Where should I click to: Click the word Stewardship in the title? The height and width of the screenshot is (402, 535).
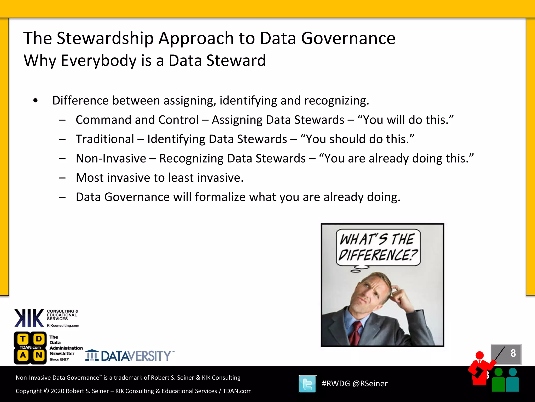(x=105, y=38)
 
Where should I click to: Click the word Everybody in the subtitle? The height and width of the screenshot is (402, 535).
(x=98, y=61)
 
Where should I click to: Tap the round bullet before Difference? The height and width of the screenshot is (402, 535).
(x=36, y=100)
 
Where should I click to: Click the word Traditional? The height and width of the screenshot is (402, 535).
(x=105, y=139)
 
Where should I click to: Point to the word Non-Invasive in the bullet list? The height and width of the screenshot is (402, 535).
(x=111, y=159)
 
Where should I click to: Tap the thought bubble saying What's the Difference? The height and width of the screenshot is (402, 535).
(x=378, y=247)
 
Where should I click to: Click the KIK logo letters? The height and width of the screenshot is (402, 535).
(x=29, y=318)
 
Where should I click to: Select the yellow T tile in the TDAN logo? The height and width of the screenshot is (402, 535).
(x=23, y=339)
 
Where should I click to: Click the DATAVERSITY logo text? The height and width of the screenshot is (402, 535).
(x=136, y=356)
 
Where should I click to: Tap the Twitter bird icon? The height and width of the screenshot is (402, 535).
(x=307, y=384)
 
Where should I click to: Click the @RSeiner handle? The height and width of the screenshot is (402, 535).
(x=370, y=384)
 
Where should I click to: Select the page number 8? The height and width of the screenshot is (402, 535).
(x=513, y=353)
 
